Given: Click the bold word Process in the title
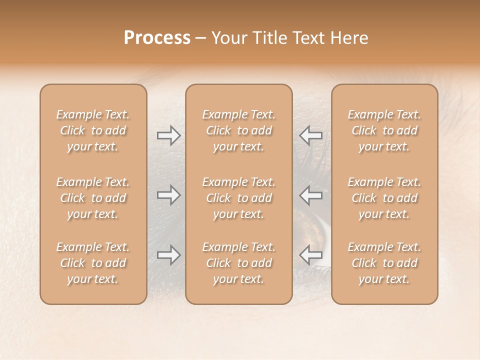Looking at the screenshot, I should click(157, 38).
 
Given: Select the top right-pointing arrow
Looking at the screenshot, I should click(169, 135).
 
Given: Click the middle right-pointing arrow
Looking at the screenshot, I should click(169, 195).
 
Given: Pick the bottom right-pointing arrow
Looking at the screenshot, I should click(169, 255).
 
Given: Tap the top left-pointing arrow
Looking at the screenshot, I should click(310, 135).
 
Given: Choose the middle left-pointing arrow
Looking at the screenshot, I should click(310, 195).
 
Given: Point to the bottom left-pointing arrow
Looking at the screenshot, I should click(310, 255).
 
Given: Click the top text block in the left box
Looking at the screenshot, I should click(93, 130).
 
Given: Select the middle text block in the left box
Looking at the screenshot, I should click(93, 198).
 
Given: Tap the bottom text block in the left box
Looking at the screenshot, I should click(93, 263).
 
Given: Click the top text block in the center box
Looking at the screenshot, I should click(238, 130).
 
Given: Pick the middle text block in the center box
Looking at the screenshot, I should click(238, 198).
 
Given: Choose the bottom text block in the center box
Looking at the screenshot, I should click(238, 263).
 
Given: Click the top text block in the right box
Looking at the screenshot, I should click(384, 130).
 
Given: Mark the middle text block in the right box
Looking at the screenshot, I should click(384, 198).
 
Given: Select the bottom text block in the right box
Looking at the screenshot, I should click(384, 263).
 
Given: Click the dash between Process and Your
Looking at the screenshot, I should click(200, 38).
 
